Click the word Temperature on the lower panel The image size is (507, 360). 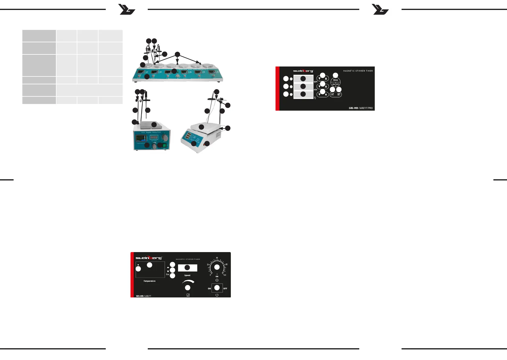point(149,281)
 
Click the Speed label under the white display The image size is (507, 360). point(187,275)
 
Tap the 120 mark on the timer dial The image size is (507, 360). point(225,275)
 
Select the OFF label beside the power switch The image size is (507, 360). point(225,289)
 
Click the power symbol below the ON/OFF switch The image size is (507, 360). point(217,295)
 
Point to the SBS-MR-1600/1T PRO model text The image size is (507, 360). point(360,108)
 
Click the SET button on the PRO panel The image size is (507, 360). point(339,95)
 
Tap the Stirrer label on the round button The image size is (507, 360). point(335,80)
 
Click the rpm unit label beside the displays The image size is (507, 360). point(315,82)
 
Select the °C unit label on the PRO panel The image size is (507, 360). point(315,98)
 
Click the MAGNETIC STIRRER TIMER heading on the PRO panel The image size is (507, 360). point(358,71)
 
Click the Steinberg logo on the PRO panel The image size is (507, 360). point(303,71)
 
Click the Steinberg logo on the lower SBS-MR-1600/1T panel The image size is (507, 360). point(149,258)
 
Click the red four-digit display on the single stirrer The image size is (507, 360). point(154,137)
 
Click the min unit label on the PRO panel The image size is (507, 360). point(315,90)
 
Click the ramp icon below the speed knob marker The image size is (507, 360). point(188,295)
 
